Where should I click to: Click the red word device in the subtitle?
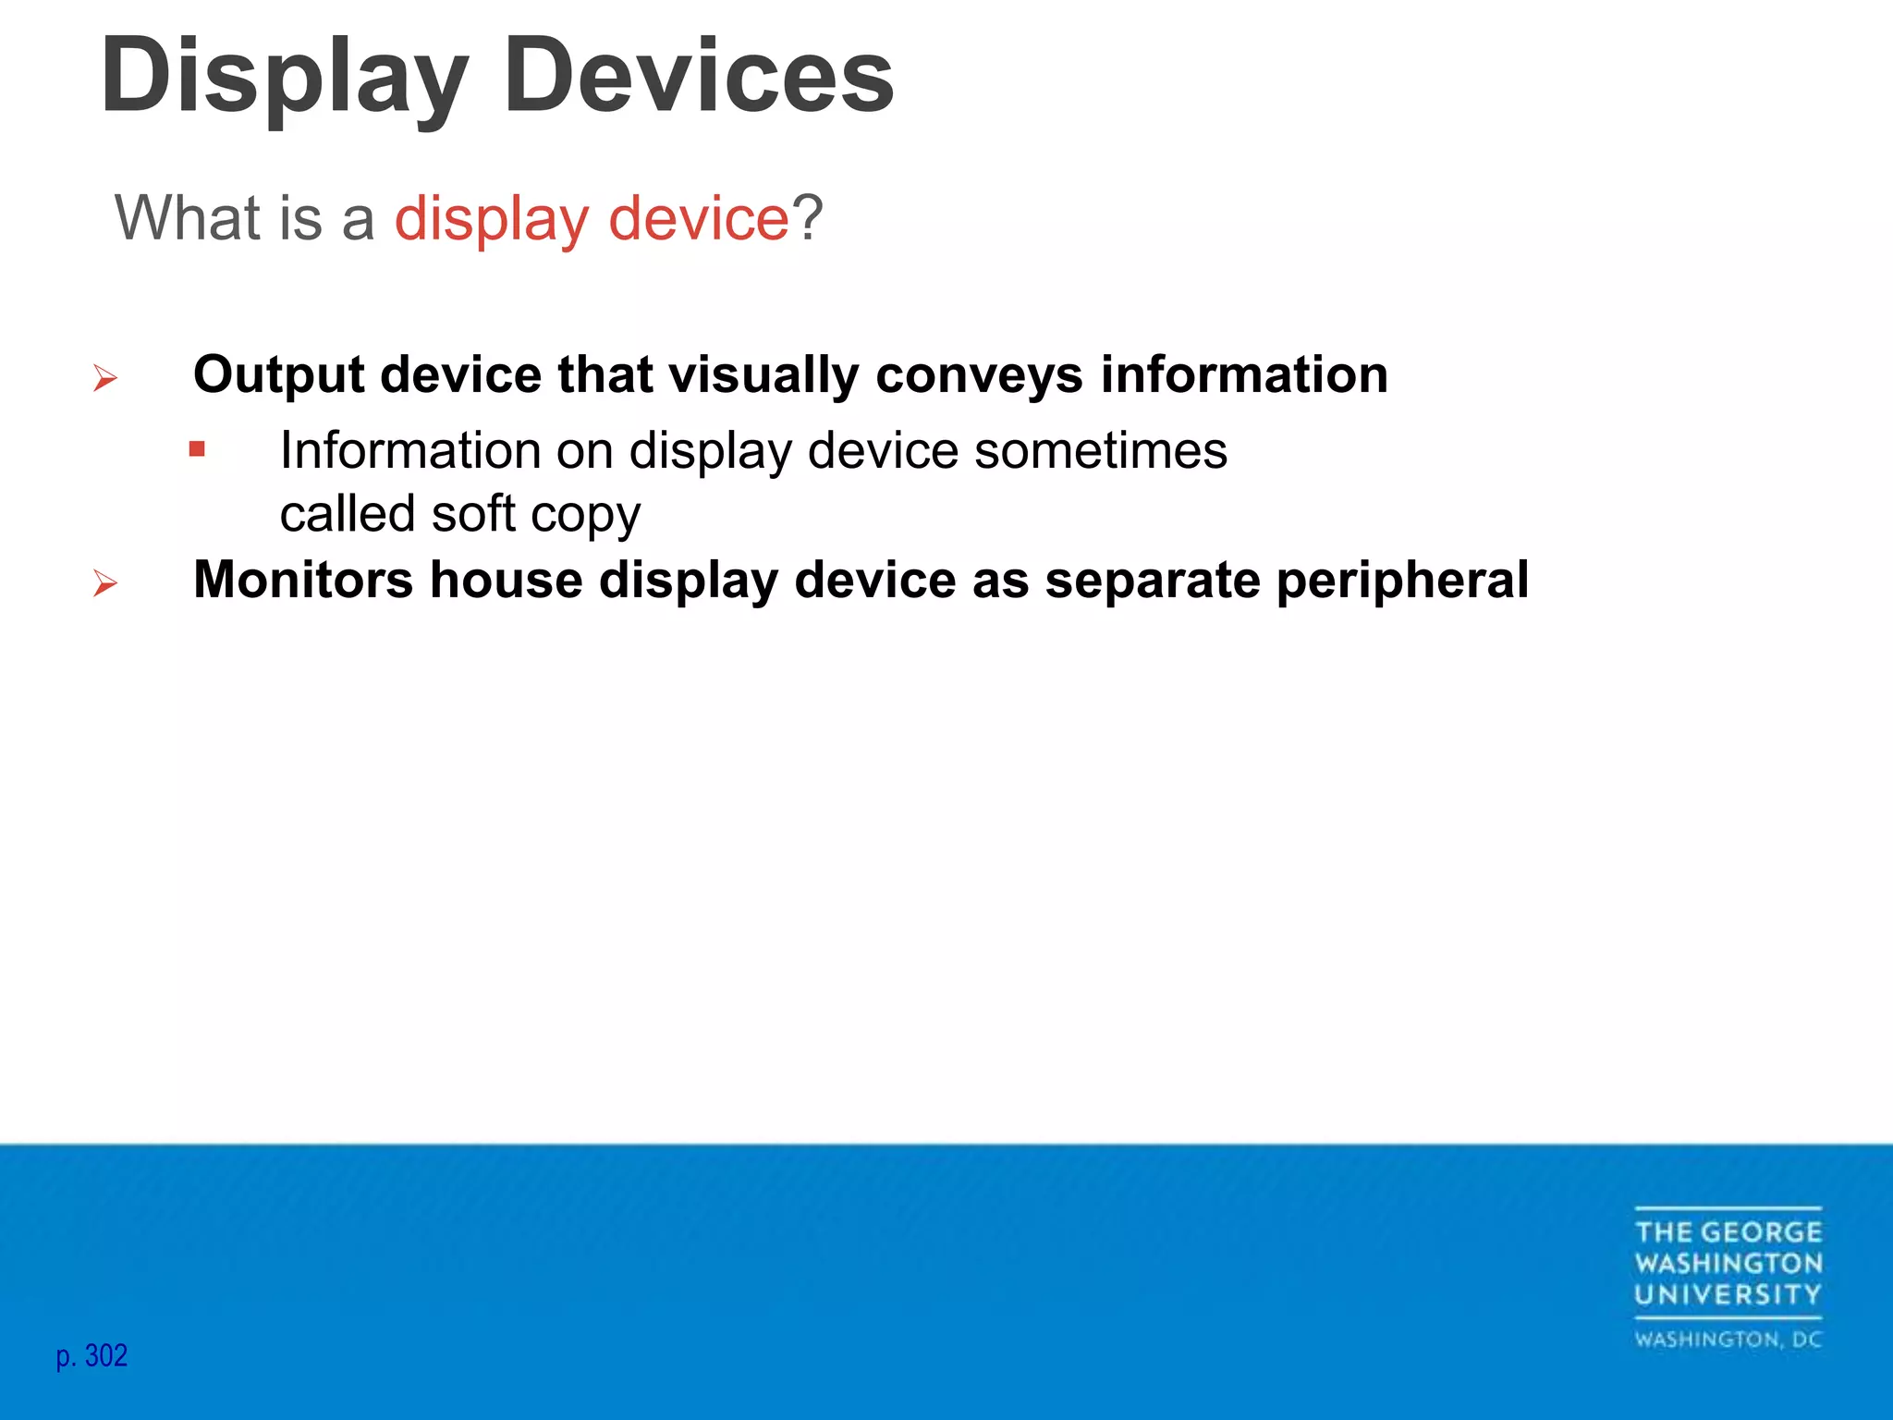pos(698,218)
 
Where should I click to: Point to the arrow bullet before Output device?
pos(105,378)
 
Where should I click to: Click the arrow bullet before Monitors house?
pos(105,583)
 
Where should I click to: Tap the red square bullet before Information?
pos(197,450)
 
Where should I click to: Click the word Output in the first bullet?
pos(278,375)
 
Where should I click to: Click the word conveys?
pos(979,375)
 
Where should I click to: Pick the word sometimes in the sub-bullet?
pos(1101,451)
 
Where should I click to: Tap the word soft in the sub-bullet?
pos(473,513)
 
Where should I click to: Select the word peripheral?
pos(1402,581)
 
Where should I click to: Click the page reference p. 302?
pos(92,1356)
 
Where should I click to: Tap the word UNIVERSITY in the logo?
pos(1728,1294)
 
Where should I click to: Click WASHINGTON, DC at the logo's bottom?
pos(1728,1340)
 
